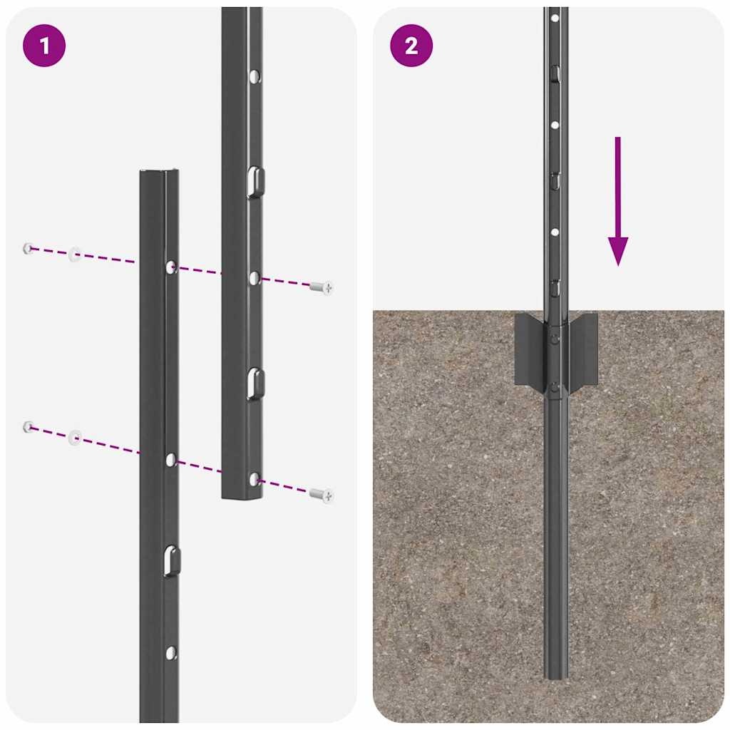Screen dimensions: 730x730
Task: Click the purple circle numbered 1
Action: click(x=44, y=46)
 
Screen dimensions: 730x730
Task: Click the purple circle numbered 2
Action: click(x=411, y=46)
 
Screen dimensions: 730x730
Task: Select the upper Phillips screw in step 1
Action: click(x=322, y=287)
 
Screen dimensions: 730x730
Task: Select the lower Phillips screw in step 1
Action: click(x=322, y=494)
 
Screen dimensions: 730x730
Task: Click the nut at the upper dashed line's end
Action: click(x=28, y=248)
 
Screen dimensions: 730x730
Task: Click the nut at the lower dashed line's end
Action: click(x=28, y=426)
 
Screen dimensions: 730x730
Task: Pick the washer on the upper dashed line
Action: click(x=74, y=255)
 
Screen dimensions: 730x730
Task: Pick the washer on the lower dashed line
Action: click(x=75, y=437)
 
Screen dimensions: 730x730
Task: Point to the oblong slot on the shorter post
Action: click(x=170, y=561)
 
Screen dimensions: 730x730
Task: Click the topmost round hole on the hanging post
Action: click(x=255, y=76)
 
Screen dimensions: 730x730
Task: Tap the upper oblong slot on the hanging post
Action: click(x=255, y=182)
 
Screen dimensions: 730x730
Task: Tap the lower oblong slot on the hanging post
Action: click(x=255, y=384)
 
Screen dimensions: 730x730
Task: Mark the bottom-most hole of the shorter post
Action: click(x=170, y=652)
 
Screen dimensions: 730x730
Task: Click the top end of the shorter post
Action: click(x=159, y=173)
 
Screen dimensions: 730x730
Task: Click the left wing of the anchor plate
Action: click(x=528, y=349)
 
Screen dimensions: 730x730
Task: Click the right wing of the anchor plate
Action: click(x=584, y=349)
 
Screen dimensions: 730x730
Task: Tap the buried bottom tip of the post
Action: click(x=556, y=673)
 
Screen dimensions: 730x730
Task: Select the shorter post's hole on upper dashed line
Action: click(x=171, y=267)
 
